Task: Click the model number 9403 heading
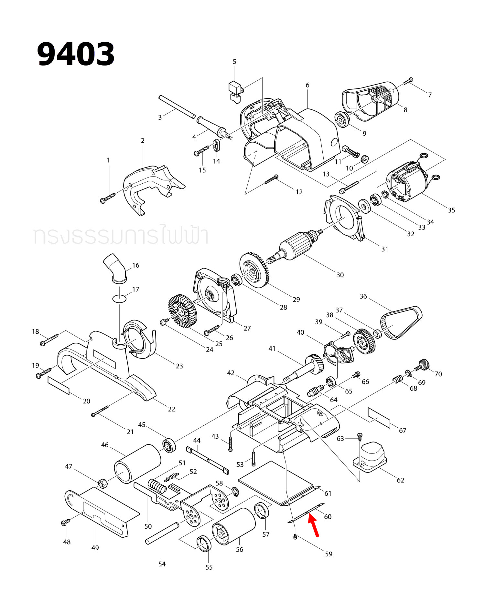(x=76, y=54)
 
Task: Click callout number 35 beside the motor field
(x=451, y=210)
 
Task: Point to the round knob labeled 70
(x=423, y=365)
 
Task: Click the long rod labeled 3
(x=177, y=106)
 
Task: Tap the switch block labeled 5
(x=235, y=92)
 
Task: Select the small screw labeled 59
(x=295, y=537)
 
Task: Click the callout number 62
(x=400, y=480)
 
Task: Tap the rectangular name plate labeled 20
(x=59, y=385)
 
